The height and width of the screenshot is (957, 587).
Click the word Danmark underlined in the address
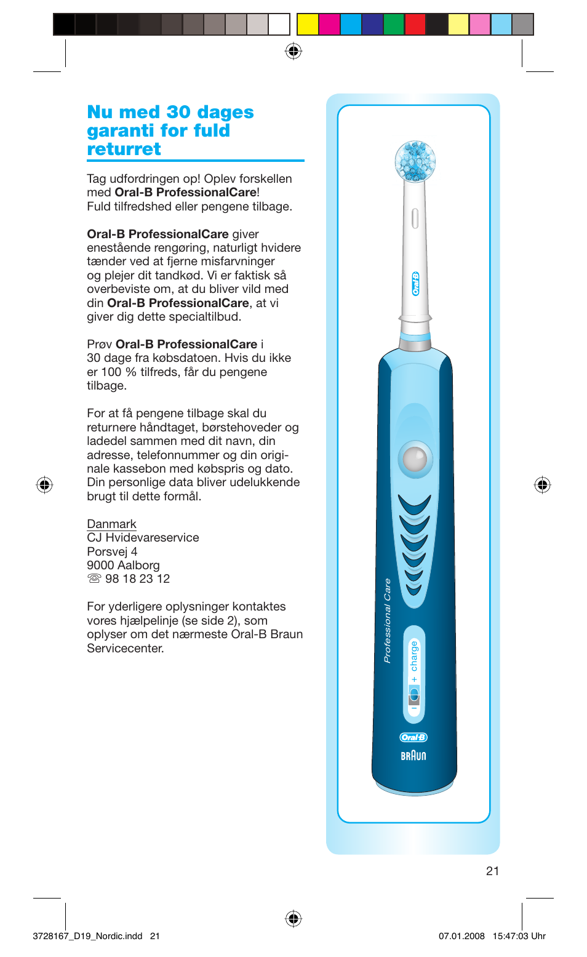[111, 524]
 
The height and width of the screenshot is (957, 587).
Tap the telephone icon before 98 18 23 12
[94, 579]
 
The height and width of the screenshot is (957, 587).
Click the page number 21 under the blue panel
[492, 871]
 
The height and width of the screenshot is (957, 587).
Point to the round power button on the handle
[415, 458]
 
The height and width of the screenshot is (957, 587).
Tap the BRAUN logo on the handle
[413, 756]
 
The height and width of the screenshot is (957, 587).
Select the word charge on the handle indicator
[414, 655]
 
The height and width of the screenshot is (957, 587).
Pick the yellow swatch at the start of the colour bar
[308, 25]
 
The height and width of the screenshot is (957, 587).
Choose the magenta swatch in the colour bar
[329, 25]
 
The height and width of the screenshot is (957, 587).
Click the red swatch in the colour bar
[415, 25]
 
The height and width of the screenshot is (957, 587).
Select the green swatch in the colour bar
[393, 25]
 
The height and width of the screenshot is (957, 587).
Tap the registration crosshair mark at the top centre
[293, 51]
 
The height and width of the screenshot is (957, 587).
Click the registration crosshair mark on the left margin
[44, 485]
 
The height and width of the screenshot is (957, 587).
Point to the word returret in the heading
[124, 150]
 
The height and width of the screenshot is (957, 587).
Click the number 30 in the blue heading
[178, 113]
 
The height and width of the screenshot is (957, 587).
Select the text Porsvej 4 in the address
[112, 551]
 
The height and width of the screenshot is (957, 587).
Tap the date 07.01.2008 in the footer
[461, 936]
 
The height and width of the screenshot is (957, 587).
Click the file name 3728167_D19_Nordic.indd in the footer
[87, 936]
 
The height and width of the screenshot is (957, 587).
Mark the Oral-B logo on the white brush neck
[415, 284]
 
